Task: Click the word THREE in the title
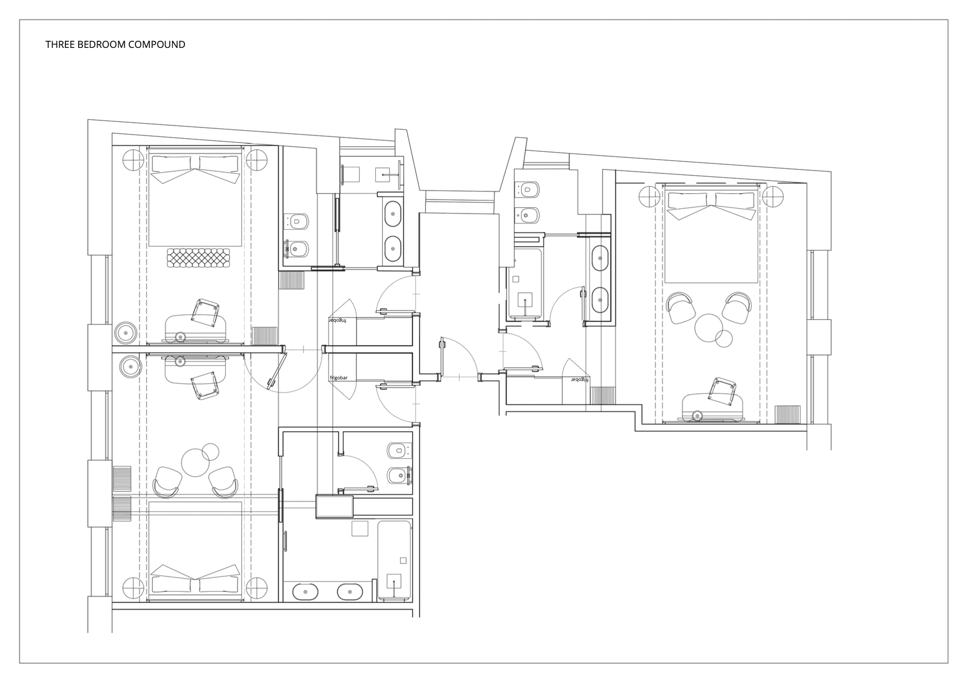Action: point(58,45)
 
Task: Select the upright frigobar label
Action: point(338,378)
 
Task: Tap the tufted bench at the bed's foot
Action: point(199,258)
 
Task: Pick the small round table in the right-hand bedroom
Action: point(724,338)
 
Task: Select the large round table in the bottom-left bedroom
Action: point(195,462)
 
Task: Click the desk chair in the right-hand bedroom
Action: point(722,391)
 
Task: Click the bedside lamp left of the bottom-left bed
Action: point(133,588)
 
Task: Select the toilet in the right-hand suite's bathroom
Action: point(527,190)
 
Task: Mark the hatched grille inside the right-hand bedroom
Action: point(787,414)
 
